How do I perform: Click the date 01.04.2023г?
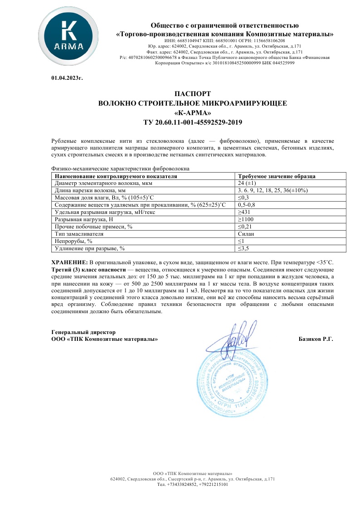coord(67,78)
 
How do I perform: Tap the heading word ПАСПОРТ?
coord(192,94)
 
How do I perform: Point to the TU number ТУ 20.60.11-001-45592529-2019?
coord(192,122)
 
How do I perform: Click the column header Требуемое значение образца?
coord(277,176)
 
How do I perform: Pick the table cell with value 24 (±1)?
coord(247,184)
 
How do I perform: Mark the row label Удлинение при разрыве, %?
coord(89,248)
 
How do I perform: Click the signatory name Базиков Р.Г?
coord(316,339)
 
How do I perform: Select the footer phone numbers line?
coord(192,485)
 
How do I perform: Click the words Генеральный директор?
coord(80,332)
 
